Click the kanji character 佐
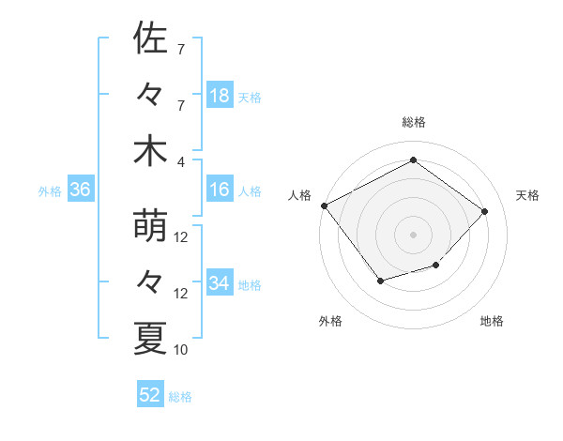click(150, 38)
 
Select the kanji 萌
click(150, 226)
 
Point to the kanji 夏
click(150, 339)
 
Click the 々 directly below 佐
click(150, 95)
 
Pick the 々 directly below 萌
click(150, 282)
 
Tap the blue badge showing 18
click(219, 96)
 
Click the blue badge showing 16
click(219, 190)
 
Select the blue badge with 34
click(219, 283)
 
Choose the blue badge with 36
click(81, 190)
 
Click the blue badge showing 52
click(150, 395)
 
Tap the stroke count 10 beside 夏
click(181, 350)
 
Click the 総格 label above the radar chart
click(413, 122)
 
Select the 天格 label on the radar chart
click(528, 195)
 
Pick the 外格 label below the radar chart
click(330, 321)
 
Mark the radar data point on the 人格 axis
click(324, 205)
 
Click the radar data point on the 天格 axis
click(484, 211)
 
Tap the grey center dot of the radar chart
click(413, 234)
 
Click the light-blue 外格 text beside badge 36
click(50, 191)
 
